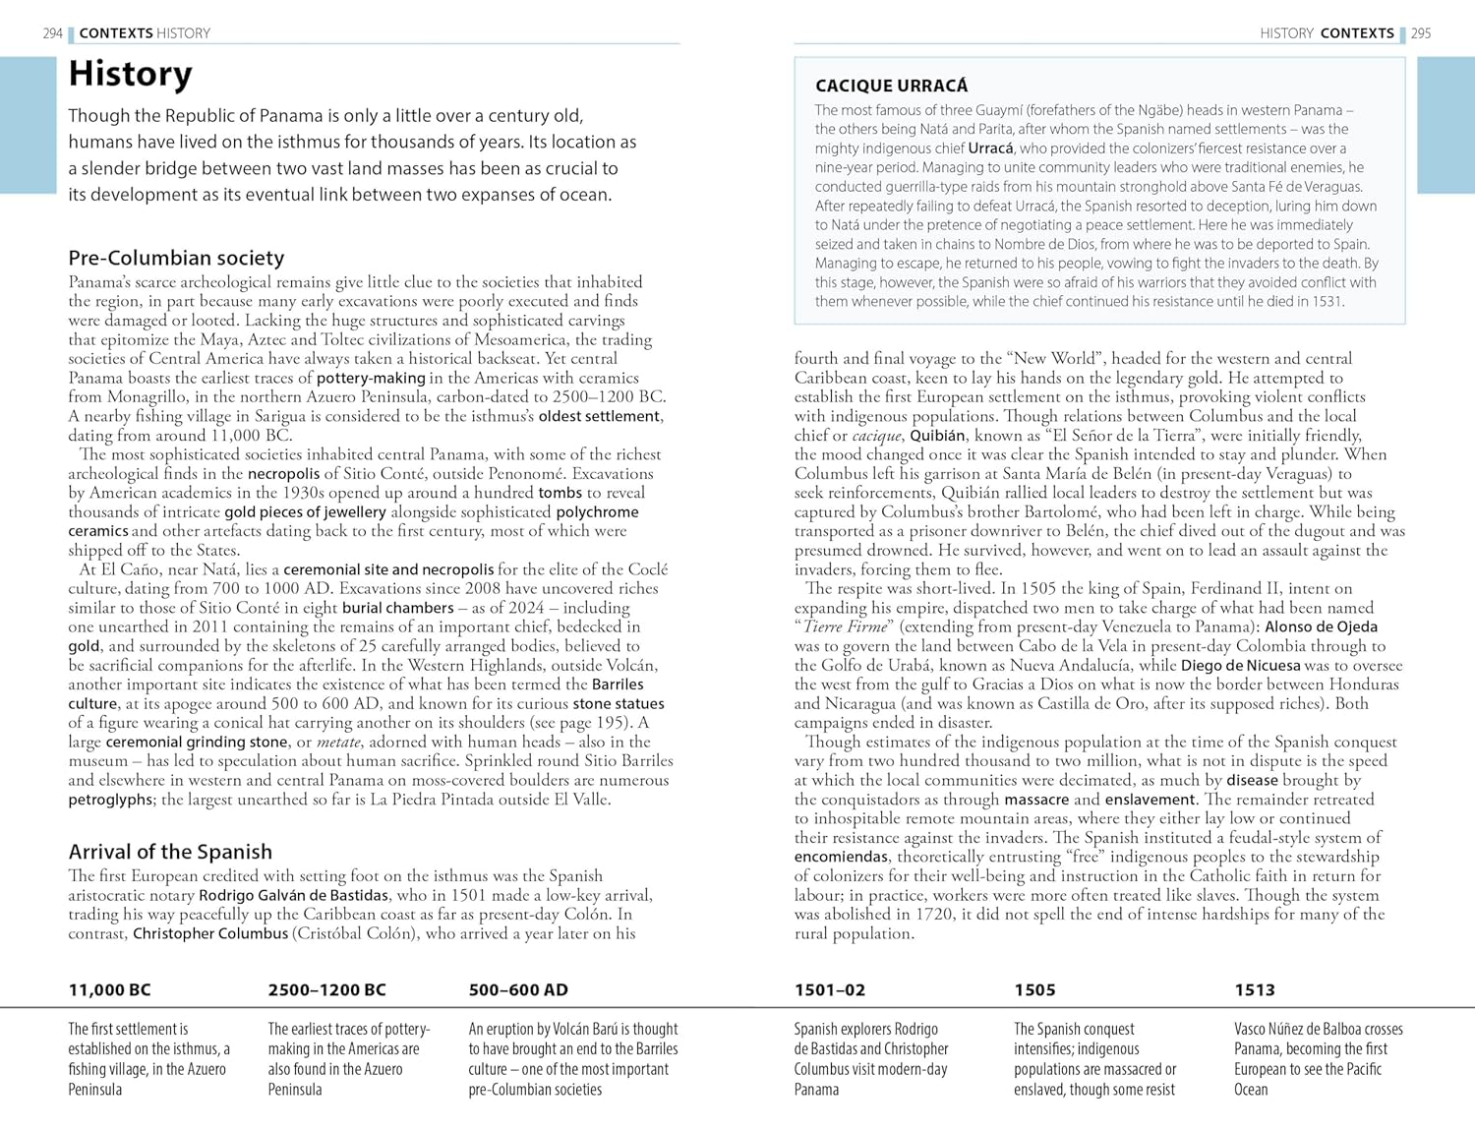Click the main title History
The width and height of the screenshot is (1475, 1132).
pyautogui.click(x=130, y=75)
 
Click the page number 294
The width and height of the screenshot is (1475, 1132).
pyautogui.click(x=53, y=33)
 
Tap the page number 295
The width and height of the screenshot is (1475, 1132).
pyautogui.click(x=1421, y=33)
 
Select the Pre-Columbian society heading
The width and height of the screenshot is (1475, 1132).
pyautogui.click(x=176, y=258)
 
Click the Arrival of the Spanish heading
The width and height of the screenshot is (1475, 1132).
pyautogui.click(x=170, y=852)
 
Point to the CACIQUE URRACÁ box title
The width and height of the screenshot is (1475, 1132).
pyautogui.click(x=891, y=87)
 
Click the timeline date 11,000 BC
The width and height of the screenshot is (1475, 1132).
pyautogui.click(x=109, y=990)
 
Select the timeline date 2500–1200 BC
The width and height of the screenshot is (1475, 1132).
pyautogui.click(x=326, y=990)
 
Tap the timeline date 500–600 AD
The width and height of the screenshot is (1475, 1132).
pyautogui.click(x=518, y=990)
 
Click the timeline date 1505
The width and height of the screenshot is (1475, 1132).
pyautogui.click(x=1034, y=990)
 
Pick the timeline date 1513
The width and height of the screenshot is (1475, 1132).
pyautogui.click(x=1254, y=990)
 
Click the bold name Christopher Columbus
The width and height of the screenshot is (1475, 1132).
pyautogui.click(x=210, y=933)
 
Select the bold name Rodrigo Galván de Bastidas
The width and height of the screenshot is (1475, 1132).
pyautogui.click(x=293, y=895)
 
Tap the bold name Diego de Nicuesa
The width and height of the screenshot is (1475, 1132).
pyautogui.click(x=1240, y=665)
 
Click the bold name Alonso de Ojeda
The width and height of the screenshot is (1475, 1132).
pyautogui.click(x=1321, y=626)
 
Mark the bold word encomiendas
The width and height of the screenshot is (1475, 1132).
pyautogui.click(x=842, y=857)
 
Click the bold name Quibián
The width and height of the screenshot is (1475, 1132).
pyautogui.click(x=938, y=436)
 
